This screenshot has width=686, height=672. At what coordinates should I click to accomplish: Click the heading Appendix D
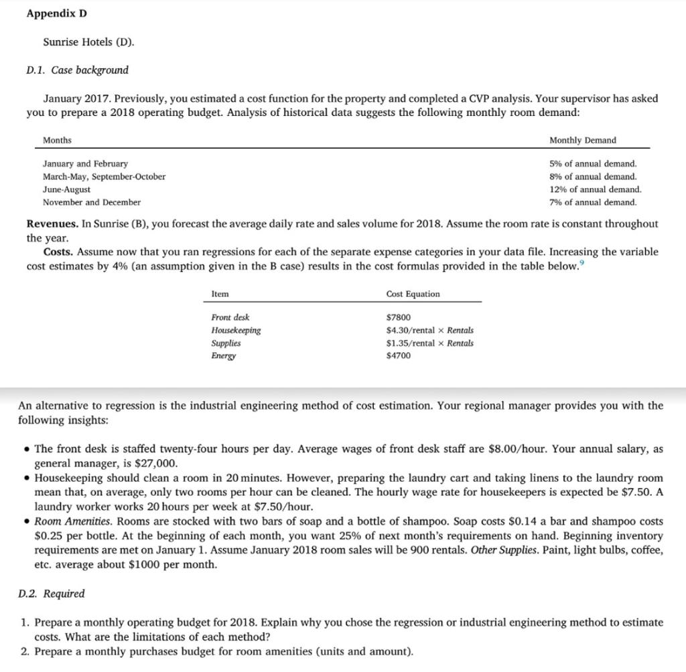click(x=57, y=14)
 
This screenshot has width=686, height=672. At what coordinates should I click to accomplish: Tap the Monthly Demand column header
click(x=582, y=140)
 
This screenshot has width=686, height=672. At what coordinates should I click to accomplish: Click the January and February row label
click(x=85, y=164)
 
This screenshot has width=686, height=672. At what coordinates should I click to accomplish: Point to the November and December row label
click(x=92, y=202)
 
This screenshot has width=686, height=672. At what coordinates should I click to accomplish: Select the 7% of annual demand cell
click(x=592, y=202)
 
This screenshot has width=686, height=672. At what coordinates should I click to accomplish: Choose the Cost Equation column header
click(x=413, y=294)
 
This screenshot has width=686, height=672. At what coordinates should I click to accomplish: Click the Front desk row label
click(x=230, y=317)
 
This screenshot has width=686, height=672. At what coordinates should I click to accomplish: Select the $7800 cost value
click(x=399, y=317)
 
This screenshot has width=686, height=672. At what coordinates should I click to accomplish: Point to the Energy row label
click(x=223, y=355)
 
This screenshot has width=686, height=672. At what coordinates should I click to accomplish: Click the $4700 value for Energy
click(x=399, y=355)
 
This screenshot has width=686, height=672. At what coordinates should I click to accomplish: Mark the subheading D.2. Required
click(x=52, y=594)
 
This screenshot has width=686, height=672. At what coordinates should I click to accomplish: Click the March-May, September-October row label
click(x=104, y=177)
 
